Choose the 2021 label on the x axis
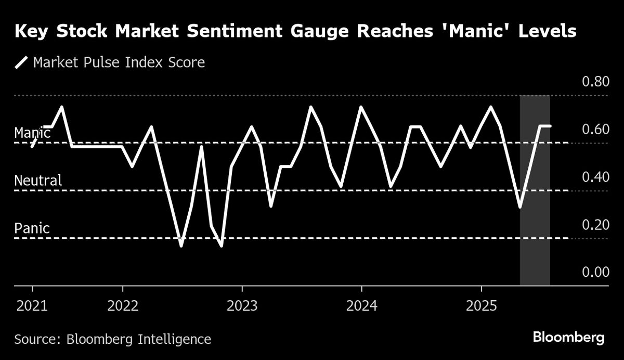(32, 305)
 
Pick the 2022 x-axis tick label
(122, 305)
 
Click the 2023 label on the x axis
(242, 305)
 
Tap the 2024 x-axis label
(361, 305)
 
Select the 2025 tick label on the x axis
(482, 305)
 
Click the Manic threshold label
(32, 133)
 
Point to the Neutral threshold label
(38, 181)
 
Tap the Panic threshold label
(32, 228)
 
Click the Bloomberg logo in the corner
(568, 338)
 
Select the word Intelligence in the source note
(174, 340)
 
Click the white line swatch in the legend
(21, 63)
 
